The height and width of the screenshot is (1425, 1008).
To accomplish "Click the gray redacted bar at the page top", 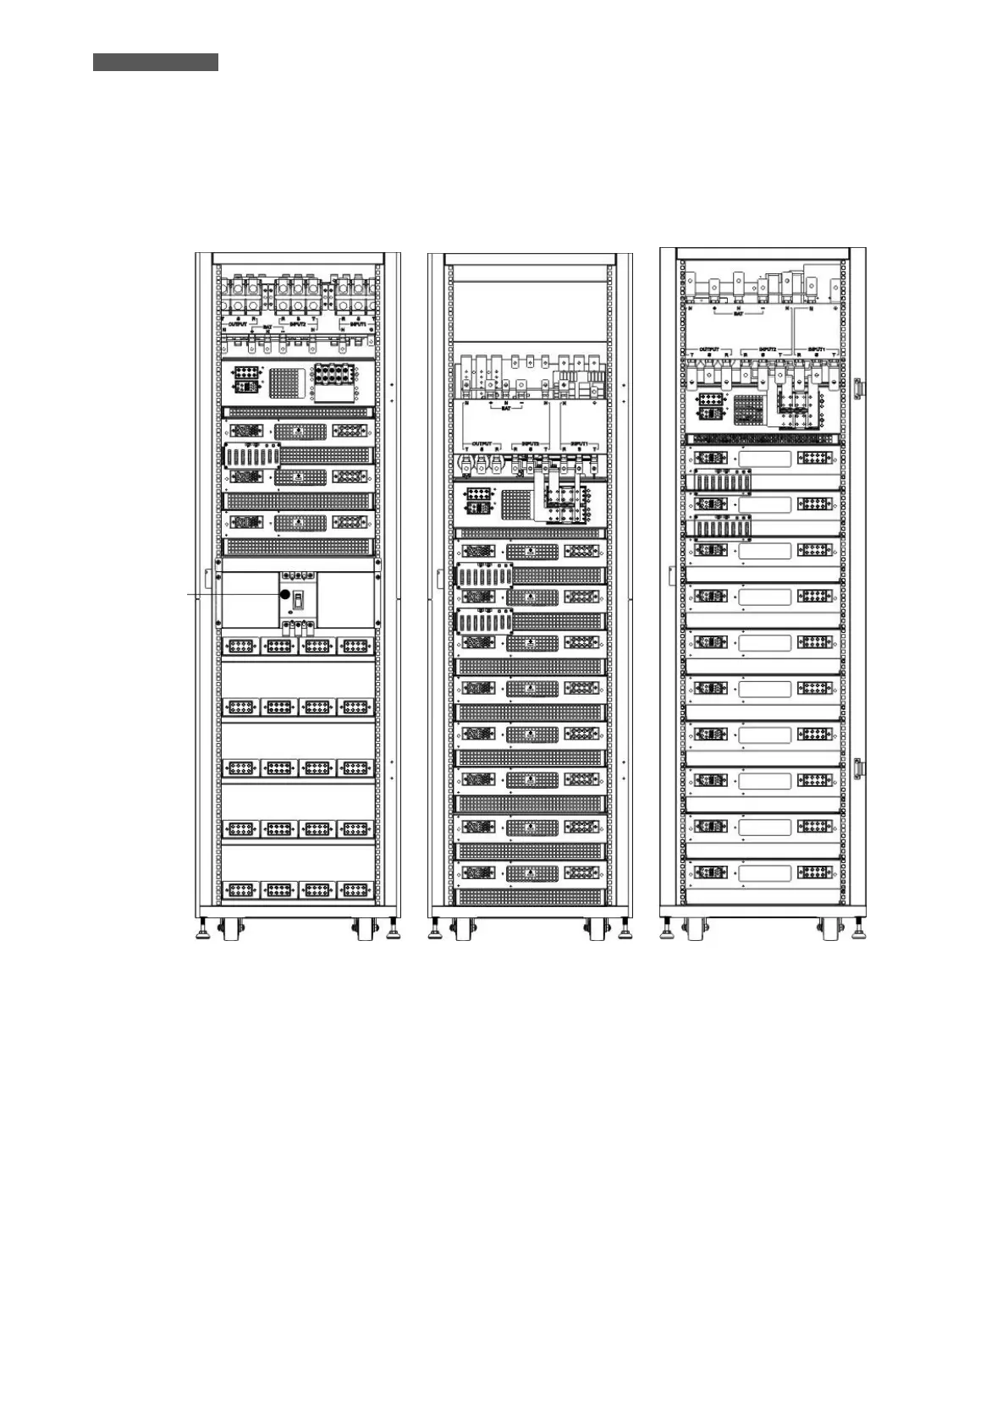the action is tap(156, 63).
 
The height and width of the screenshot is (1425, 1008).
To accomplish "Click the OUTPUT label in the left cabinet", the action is tap(237, 323).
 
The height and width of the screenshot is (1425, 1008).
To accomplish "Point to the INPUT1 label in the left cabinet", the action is tap(353, 323).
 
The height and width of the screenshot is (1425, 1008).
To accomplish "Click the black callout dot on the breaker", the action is tap(285, 596).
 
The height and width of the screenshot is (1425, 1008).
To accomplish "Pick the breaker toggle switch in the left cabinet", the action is tap(298, 600).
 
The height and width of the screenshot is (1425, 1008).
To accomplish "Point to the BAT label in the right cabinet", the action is tap(738, 314).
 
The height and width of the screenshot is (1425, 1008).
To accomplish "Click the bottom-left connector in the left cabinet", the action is tap(242, 889).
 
